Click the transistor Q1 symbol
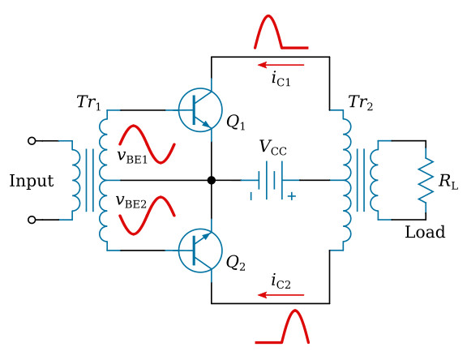(x=199, y=109)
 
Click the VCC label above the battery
(x=272, y=148)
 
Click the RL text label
(x=448, y=181)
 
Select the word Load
(x=425, y=233)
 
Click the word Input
(x=31, y=181)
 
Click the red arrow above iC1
(x=281, y=64)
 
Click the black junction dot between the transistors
(x=212, y=180)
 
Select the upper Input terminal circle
(x=32, y=140)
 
